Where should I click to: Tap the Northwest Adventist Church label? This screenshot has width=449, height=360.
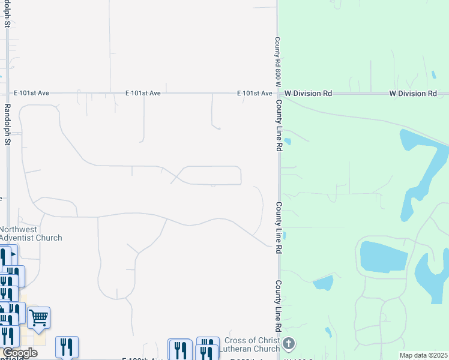[x=31, y=233]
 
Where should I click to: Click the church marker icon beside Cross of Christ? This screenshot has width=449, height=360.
[x=289, y=344]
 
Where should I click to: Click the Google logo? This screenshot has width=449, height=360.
[x=19, y=353]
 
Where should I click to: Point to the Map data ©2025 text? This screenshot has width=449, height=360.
[x=423, y=355]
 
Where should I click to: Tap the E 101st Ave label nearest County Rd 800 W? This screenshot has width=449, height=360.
[x=255, y=94]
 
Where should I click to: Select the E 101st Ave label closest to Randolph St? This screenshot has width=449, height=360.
[x=32, y=94]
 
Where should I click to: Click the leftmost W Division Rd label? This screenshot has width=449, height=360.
[x=308, y=94]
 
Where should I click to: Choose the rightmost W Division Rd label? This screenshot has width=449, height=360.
[x=413, y=94]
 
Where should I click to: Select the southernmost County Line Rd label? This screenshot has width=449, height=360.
[x=278, y=307]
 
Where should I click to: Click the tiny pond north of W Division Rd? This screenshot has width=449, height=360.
[x=433, y=75]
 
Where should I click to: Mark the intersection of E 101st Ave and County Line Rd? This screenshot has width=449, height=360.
[x=278, y=94]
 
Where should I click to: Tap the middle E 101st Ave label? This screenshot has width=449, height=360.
[x=143, y=94]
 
